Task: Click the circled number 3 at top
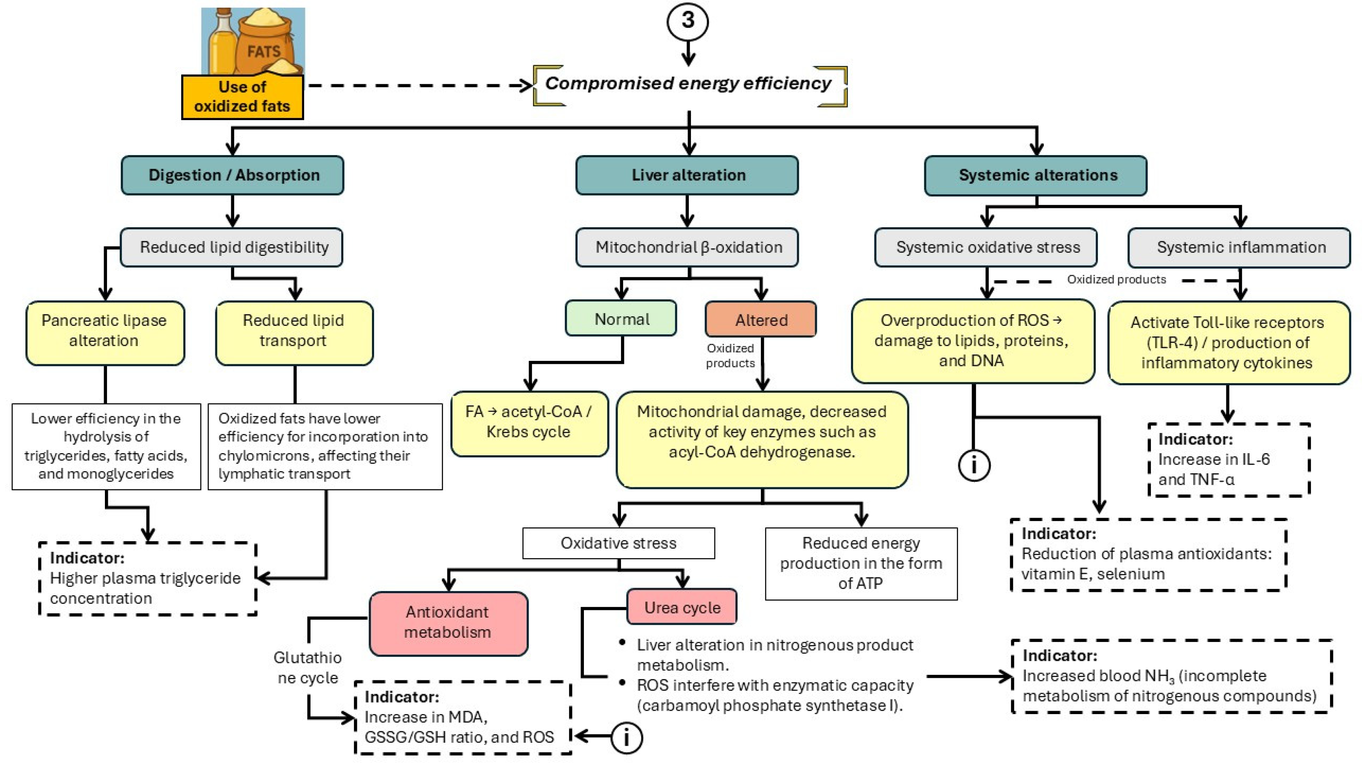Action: [688, 21]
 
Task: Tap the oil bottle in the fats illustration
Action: [221, 43]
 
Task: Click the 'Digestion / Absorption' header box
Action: [233, 175]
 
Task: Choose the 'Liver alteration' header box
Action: [688, 175]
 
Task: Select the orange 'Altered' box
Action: [761, 320]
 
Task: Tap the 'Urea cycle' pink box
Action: [682, 607]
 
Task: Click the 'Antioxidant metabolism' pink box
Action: [448, 622]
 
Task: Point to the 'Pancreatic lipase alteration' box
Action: [105, 332]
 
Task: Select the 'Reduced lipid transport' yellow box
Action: [294, 332]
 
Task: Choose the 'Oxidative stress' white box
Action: [618, 543]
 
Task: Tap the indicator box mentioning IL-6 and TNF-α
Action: [1228, 459]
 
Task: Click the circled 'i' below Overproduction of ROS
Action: [974, 465]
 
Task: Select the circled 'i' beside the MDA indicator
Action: [626, 738]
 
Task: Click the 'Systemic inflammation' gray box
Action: [1240, 247]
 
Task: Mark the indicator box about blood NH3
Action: [1171, 676]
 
